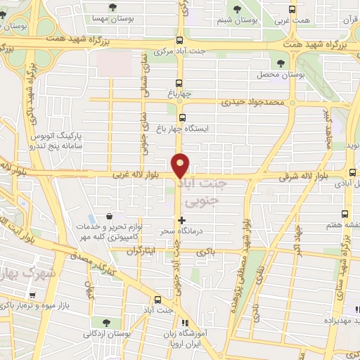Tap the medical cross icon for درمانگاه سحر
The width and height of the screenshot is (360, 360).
tap(182, 220)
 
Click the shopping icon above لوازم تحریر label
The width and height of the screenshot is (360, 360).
tap(108, 217)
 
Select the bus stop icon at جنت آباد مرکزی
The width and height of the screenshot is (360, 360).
tap(180, 41)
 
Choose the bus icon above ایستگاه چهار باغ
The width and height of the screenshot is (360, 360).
tap(183, 118)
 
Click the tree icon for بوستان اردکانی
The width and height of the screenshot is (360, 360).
tap(106, 323)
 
